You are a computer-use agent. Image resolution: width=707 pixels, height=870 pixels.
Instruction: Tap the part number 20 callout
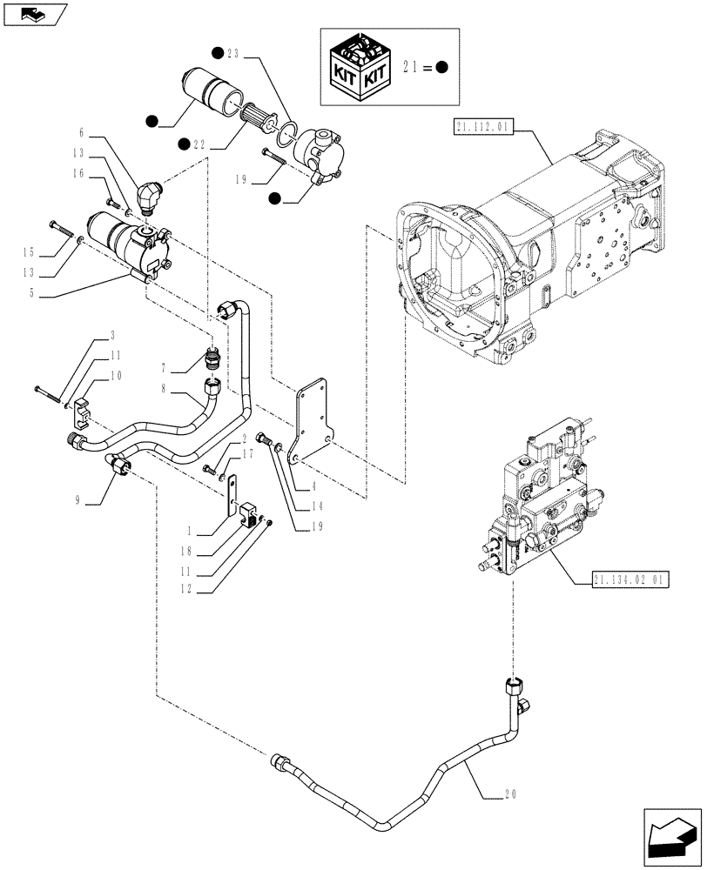pos(512,793)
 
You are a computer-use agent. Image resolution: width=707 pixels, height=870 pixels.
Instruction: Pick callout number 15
pos(32,252)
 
